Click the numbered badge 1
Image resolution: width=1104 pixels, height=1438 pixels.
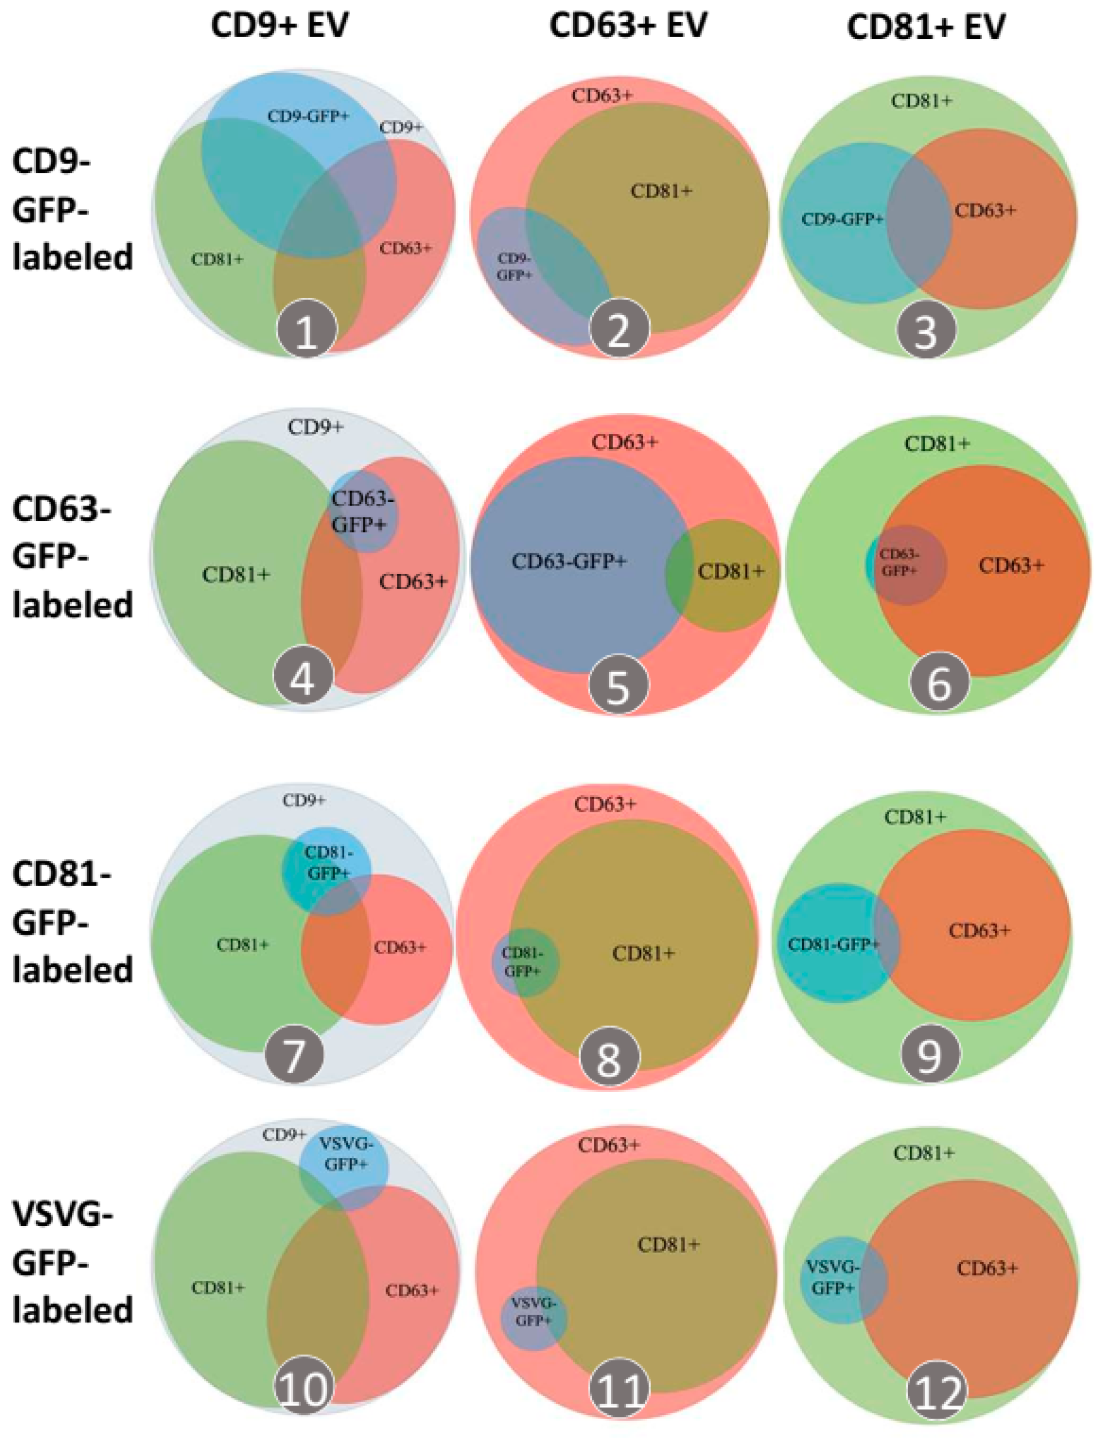click(307, 331)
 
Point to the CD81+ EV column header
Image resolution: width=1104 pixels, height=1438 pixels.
click(926, 28)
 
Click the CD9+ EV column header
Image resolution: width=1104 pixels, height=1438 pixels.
click(280, 26)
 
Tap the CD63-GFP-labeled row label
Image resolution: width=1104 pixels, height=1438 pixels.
click(72, 557)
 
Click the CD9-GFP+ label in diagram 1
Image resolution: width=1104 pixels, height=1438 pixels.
click(308, 117)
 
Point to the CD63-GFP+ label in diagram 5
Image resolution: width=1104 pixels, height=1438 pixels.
click(569, 562)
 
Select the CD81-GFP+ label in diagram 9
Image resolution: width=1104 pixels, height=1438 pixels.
click(833, 944)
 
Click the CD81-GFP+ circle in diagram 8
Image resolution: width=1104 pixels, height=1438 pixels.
click(525, 962)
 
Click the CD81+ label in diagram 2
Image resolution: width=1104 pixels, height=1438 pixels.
click(661, 191)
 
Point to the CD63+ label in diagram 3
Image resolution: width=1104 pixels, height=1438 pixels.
click(985, 210)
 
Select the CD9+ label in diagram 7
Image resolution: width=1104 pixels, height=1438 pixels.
click(304, 801)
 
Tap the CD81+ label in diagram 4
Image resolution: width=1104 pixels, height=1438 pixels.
click(236, 574)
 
